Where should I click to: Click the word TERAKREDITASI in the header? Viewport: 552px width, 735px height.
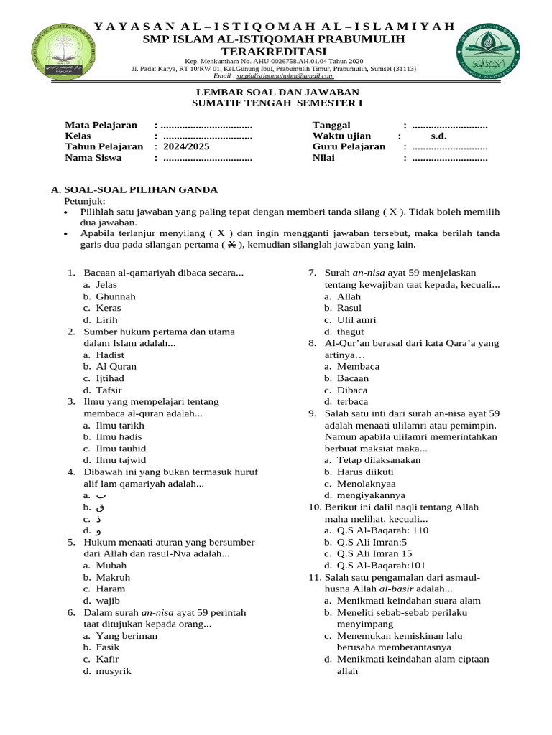pyautogui.click(x=273, y=51)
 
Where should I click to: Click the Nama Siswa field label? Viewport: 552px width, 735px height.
pyautogui.click(x=93, y=158)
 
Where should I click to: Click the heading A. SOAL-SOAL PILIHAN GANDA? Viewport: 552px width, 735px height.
pyautogui.click(x=134, y=189)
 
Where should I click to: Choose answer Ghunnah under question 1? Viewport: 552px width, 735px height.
pyautogui.click(x=116, y=296)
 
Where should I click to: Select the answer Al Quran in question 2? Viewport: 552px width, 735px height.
pyautogui.click(x=116, y=366)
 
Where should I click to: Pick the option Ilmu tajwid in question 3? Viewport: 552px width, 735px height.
pyautogui.click(x=121, y=460)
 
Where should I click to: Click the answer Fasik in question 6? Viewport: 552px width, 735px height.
pyautogui.click(x=108, y=647)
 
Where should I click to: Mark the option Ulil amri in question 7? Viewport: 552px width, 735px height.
pyautogui.click(x=356, y=320)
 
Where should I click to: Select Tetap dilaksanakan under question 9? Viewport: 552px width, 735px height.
pyautogui.click(x=379, y=460)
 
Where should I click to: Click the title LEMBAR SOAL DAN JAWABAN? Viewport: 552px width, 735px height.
pyautogui.click(x=277, y=93)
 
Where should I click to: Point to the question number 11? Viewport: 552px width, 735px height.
pyautogui.click(x=314, y=577)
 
